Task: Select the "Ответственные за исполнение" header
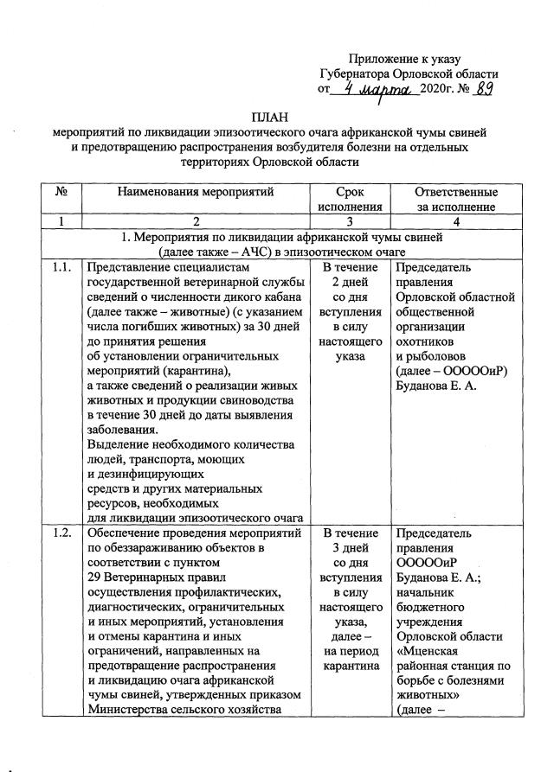tap(444, 199)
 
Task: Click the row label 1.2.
tap(61, 533)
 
